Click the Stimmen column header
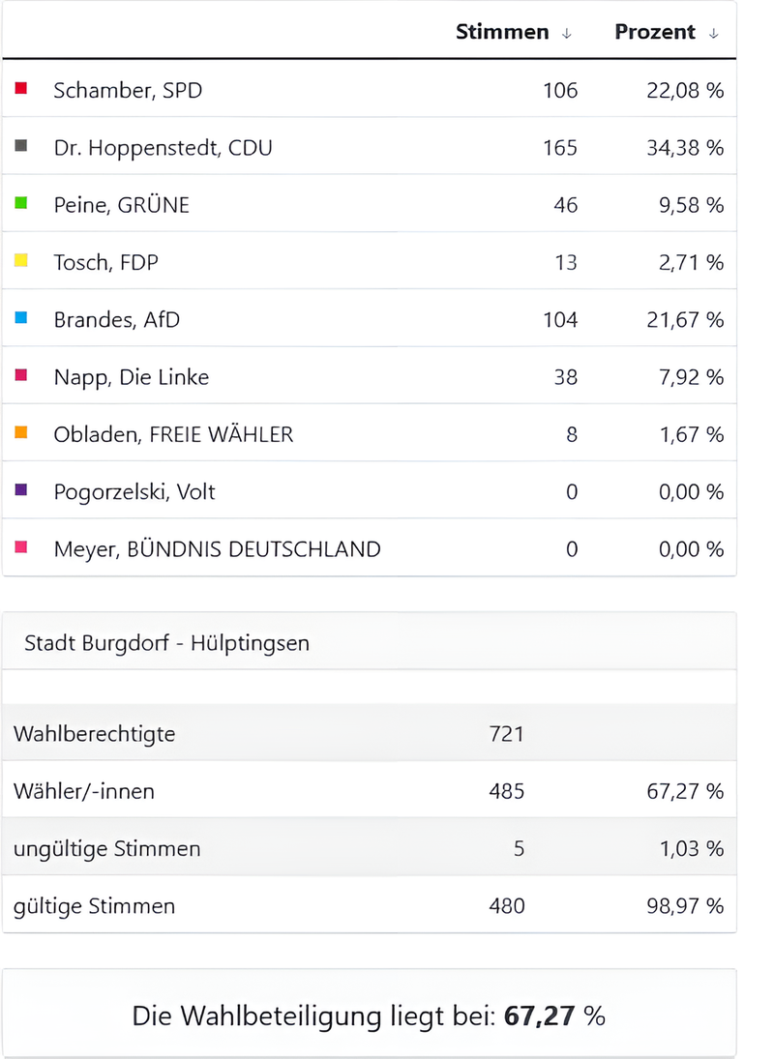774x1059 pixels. coord(501,32)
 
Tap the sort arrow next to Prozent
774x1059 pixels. coord(714,33)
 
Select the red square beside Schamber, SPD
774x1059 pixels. coord(21,89)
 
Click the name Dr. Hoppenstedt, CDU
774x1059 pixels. coord(163,148)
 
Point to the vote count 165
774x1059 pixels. coord(560,148)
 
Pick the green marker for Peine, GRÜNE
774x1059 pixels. coord(21,203)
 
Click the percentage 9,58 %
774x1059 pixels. coord(685,205)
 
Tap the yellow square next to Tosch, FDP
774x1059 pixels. coord(21,260)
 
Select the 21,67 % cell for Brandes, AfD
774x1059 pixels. coord(685,320)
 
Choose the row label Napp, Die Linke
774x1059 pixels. coord(131,377)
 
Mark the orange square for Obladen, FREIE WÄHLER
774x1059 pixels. coord(21,433)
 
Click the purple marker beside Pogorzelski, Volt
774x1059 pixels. coord(21,490)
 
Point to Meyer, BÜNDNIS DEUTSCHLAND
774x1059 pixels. coord(217,549)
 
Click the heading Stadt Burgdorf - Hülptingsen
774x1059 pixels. coord(166,642)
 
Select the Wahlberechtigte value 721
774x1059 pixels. coord(507,734)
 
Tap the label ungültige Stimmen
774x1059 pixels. coord(107,849)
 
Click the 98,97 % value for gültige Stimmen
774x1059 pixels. coord(685,906)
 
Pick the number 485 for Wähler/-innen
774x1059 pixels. coord(507,791)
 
